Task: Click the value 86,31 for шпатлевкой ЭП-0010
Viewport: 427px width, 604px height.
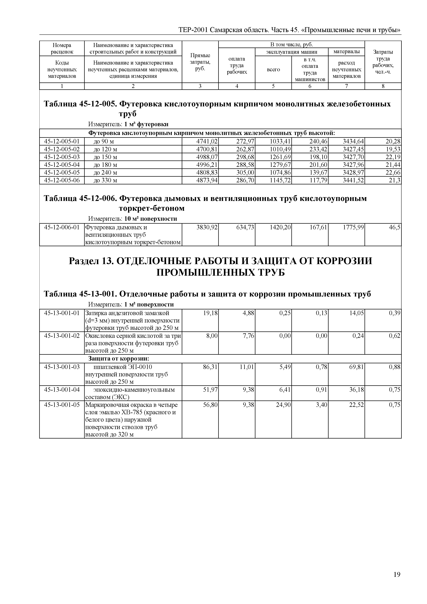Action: (x=210, y=367)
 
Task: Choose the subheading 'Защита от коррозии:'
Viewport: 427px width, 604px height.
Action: (x=118, y=359)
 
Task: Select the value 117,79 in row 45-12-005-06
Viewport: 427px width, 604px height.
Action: (x=318, y=180)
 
